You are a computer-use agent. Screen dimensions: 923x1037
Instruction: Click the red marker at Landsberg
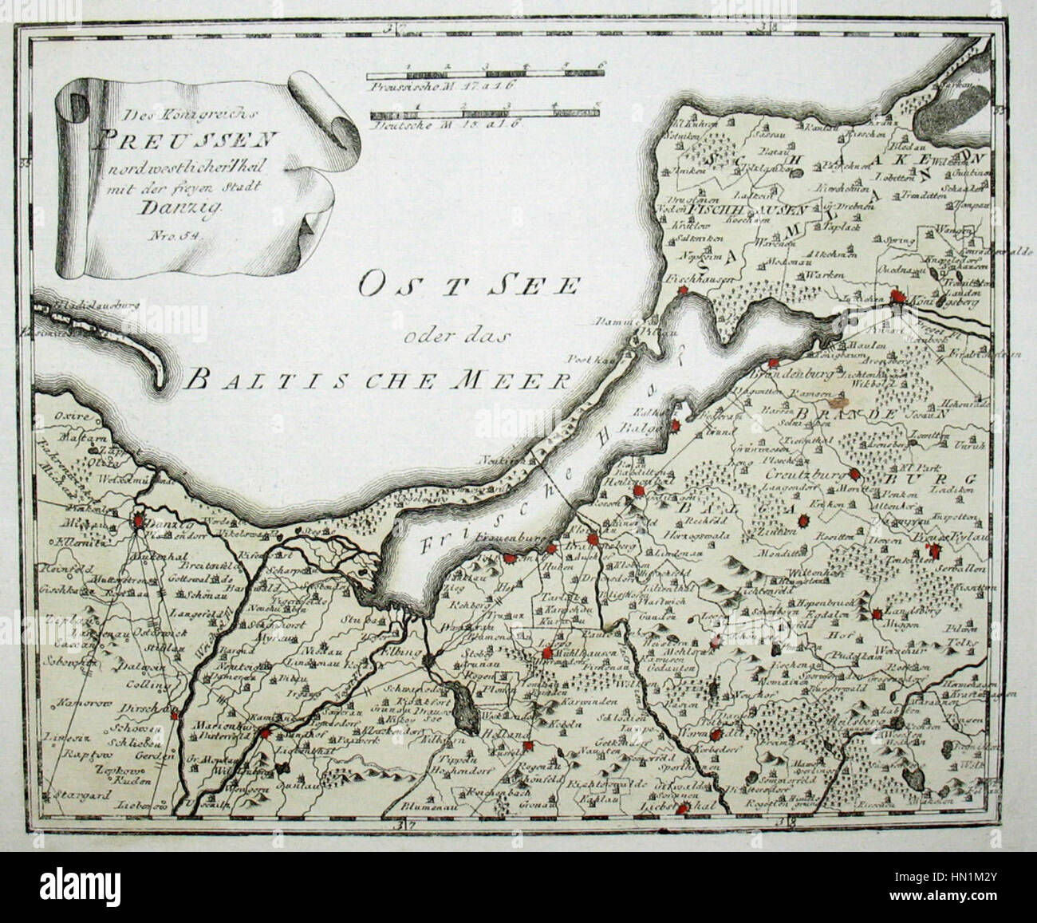[x=877, y=613]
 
